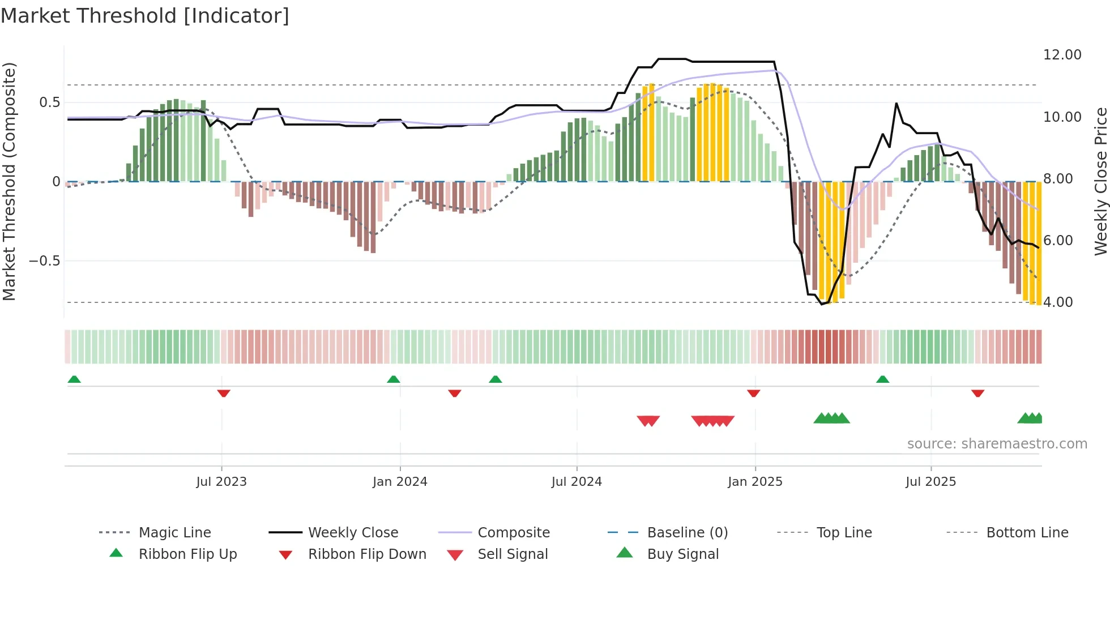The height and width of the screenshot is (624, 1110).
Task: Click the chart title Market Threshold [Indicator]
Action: [145, 16]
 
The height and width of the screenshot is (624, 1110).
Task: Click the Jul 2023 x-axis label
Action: [221, 482]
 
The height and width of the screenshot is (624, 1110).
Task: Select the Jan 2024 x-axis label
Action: [400, 482]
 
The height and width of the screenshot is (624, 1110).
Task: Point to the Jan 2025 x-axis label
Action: [755, 482]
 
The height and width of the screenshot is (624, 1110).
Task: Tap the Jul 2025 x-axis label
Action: [930, 482]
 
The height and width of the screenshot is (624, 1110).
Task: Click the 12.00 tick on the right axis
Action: [1062, 55]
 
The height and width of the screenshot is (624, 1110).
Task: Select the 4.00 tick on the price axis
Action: [1058, 302]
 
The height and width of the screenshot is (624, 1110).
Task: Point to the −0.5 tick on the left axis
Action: [44, 261]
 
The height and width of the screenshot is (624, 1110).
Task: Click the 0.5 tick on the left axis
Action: [49, 102]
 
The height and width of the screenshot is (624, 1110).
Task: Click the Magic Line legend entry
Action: [174, 533]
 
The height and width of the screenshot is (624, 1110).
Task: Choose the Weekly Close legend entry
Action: [353, 533]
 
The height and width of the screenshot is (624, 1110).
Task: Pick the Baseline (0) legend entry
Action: [687, 533]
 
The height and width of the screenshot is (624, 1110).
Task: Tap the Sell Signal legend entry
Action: [513, 554]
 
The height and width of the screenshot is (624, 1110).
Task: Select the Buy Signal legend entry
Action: [682, 554]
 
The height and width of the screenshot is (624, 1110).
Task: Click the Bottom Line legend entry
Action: [1027, 533]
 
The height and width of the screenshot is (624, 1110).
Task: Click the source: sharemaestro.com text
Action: [997, 444]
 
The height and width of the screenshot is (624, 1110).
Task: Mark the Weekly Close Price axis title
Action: [1100, 181]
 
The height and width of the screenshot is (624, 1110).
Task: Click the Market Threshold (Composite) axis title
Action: [9, 181]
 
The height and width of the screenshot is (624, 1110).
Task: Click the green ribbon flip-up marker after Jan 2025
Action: [882, 379]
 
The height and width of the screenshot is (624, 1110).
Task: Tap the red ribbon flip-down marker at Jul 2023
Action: [224, 393]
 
